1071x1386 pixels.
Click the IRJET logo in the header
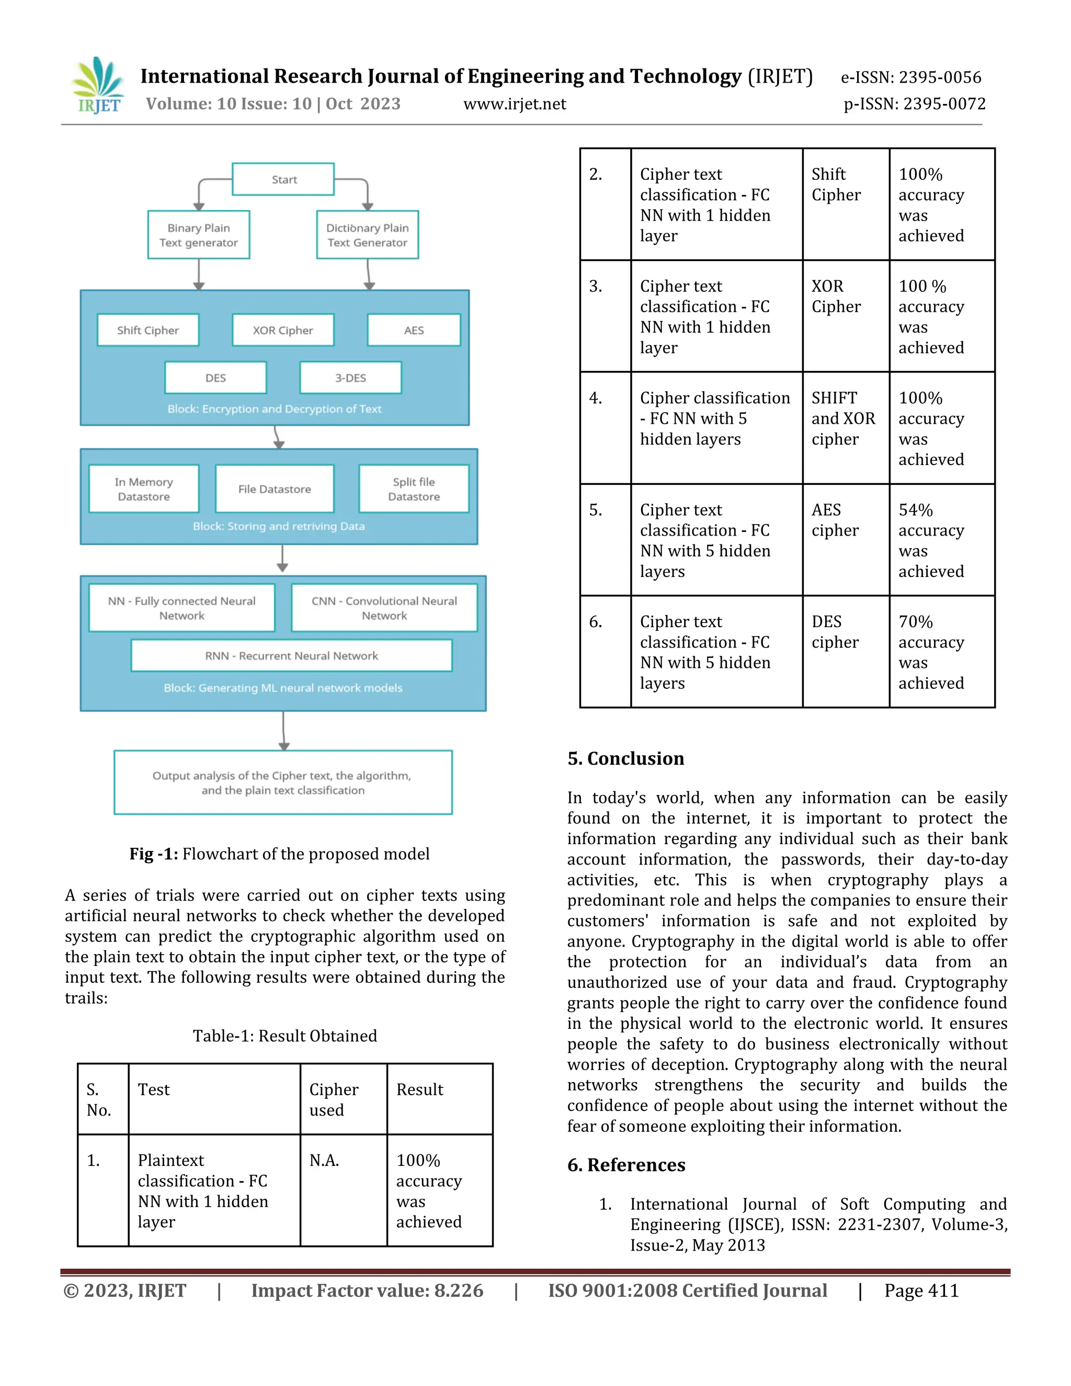(98, 86)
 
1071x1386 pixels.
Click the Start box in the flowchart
(283, 179)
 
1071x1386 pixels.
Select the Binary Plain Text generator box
(199, 235)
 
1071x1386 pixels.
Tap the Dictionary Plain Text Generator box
(367, 235)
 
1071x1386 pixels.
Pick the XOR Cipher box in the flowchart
(283, 330)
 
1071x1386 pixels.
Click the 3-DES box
(350, 378)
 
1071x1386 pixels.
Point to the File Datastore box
(274, 488)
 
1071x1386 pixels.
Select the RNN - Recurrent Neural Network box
(291, 655)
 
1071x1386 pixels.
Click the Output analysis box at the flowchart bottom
(283, 782)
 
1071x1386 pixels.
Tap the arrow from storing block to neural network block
(282, 559)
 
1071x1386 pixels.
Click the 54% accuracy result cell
(941, 540)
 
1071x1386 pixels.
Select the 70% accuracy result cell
(941, 652)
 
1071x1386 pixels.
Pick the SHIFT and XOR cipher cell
(845, 419)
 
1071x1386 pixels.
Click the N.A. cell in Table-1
(343, 1190)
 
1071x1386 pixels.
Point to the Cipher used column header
(343, 1099)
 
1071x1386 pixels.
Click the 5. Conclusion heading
(625, 758)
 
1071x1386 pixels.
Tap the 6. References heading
(626, 1165)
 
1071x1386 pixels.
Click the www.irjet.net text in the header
(515, 104)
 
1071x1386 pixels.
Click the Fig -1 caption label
(154, 854)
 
